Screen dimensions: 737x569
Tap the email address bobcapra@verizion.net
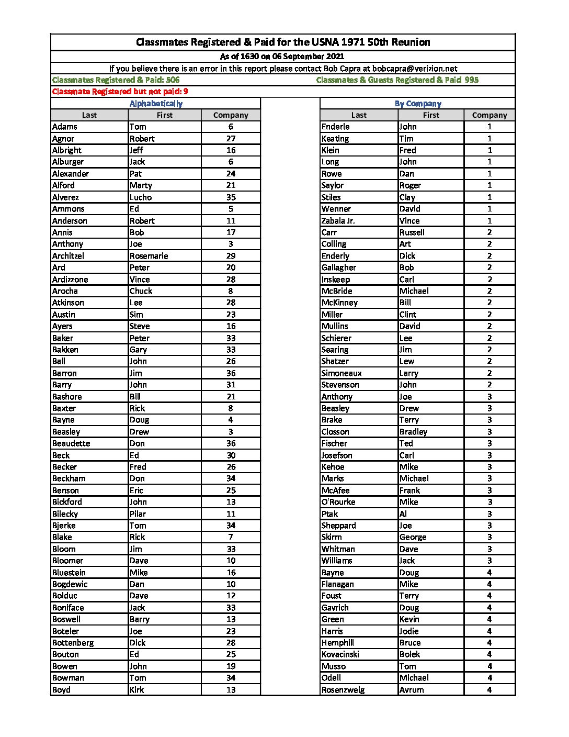click(415, 69)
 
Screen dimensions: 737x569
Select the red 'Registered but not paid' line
click(120, 92)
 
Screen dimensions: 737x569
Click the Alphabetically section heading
click(156, 104)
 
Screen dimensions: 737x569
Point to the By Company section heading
click(418, 104)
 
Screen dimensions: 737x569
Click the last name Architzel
click(68, 256)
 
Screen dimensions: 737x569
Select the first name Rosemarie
click(149, 256)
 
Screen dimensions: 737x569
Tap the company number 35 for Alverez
click(231, 197)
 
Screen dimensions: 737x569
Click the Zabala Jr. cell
click(338, 221)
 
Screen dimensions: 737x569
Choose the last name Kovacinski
click(340, 654)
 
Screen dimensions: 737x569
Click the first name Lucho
click(141, 197)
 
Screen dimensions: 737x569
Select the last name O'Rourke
click(338, 502)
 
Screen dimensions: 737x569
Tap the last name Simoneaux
click(342, 373)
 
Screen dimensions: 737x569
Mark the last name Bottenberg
click(73, 643)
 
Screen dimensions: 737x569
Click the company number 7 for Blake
click(231, 537)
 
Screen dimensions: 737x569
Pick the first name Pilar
click(138, 514)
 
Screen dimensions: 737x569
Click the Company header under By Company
click(489, 115)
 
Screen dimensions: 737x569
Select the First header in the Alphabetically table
click(164, 115)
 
